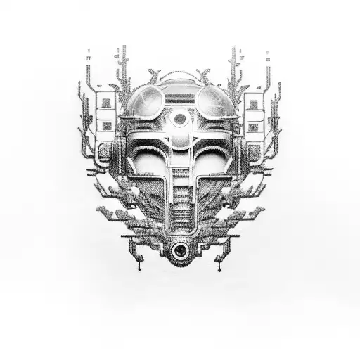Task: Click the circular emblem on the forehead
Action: (x=180, y=119)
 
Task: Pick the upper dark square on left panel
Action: (x=106, y=103)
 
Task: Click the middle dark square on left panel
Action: (x=106, y=126)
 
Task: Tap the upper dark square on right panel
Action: (x=254, y=103)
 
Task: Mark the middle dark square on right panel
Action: (x=254, y=126)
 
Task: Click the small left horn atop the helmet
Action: (x=154, y=75)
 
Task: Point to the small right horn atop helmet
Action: (x=206, y=75)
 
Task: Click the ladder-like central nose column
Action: (x=181, y=193)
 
